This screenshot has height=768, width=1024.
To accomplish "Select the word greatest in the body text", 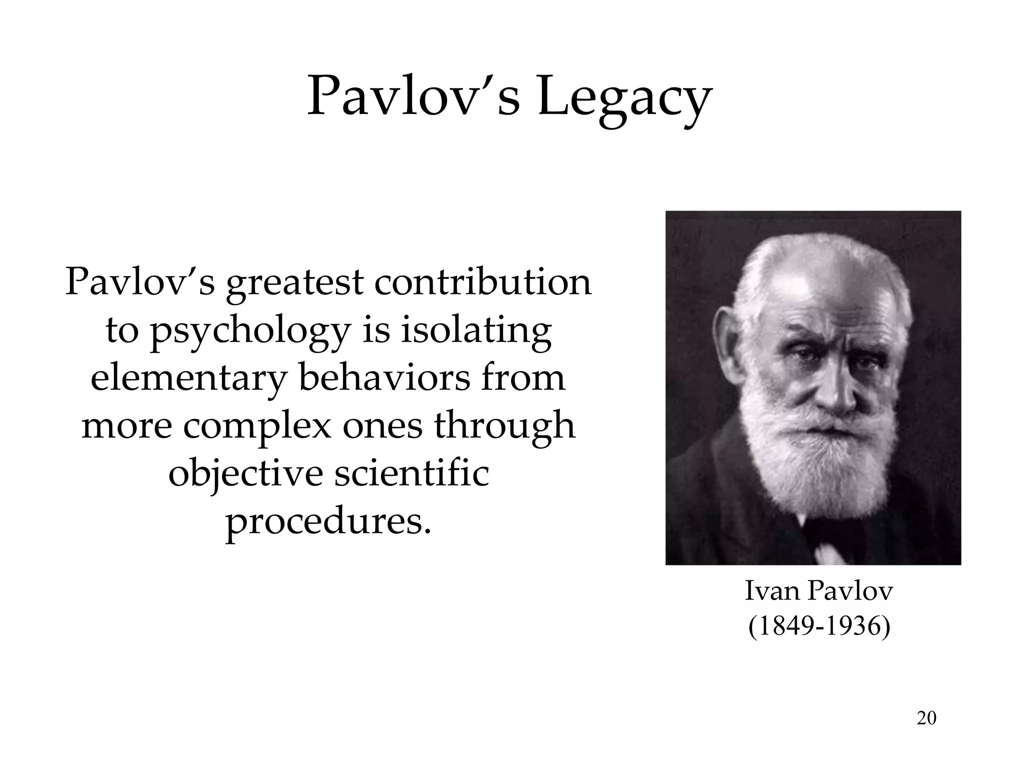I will tap(294, 283).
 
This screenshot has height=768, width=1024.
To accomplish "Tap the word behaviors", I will tap(384, 378).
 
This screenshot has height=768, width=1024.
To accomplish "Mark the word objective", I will tap(245, 474).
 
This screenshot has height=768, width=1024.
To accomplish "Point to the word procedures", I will tap(328, 522).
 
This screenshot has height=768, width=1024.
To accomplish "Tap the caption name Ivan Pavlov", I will tap(818, 591).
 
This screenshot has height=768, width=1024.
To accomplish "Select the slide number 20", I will tap(926, 718).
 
